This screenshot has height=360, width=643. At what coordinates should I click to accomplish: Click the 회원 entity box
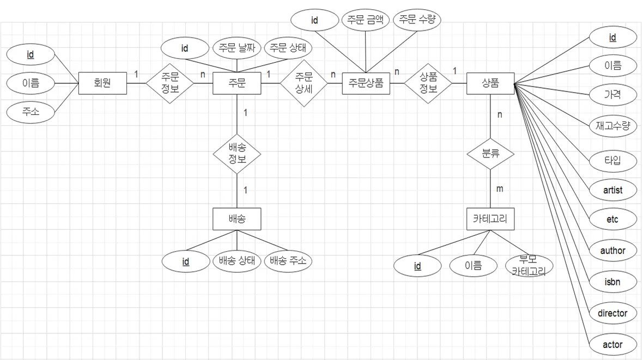point(103,83)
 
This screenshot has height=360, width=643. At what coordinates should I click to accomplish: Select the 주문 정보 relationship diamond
point(170,83)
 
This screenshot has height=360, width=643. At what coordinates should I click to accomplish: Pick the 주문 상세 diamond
point(304,83)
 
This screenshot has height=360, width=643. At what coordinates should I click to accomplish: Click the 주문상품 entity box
point(366,83)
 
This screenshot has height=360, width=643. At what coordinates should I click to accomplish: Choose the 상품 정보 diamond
point(429,83)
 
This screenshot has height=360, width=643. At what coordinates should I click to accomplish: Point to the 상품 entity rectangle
point(490,83)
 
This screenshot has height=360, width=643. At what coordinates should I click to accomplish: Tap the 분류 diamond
point(490,154)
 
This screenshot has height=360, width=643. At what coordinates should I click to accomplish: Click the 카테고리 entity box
point(490,219)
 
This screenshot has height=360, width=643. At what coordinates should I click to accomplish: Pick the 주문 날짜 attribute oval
point(236,48)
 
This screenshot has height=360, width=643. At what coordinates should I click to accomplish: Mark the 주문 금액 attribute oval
point(365,21)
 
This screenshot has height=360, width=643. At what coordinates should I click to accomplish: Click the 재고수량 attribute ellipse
point(612,126)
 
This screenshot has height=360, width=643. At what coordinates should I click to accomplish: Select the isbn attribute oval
point(612,282)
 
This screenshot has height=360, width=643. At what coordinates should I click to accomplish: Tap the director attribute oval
point(612,313)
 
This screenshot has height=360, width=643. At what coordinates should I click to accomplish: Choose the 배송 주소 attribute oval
point(288,261)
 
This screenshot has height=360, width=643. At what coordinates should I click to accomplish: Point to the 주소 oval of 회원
point(31,112)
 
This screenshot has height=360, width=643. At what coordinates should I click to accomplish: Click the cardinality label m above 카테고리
point(500,189)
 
